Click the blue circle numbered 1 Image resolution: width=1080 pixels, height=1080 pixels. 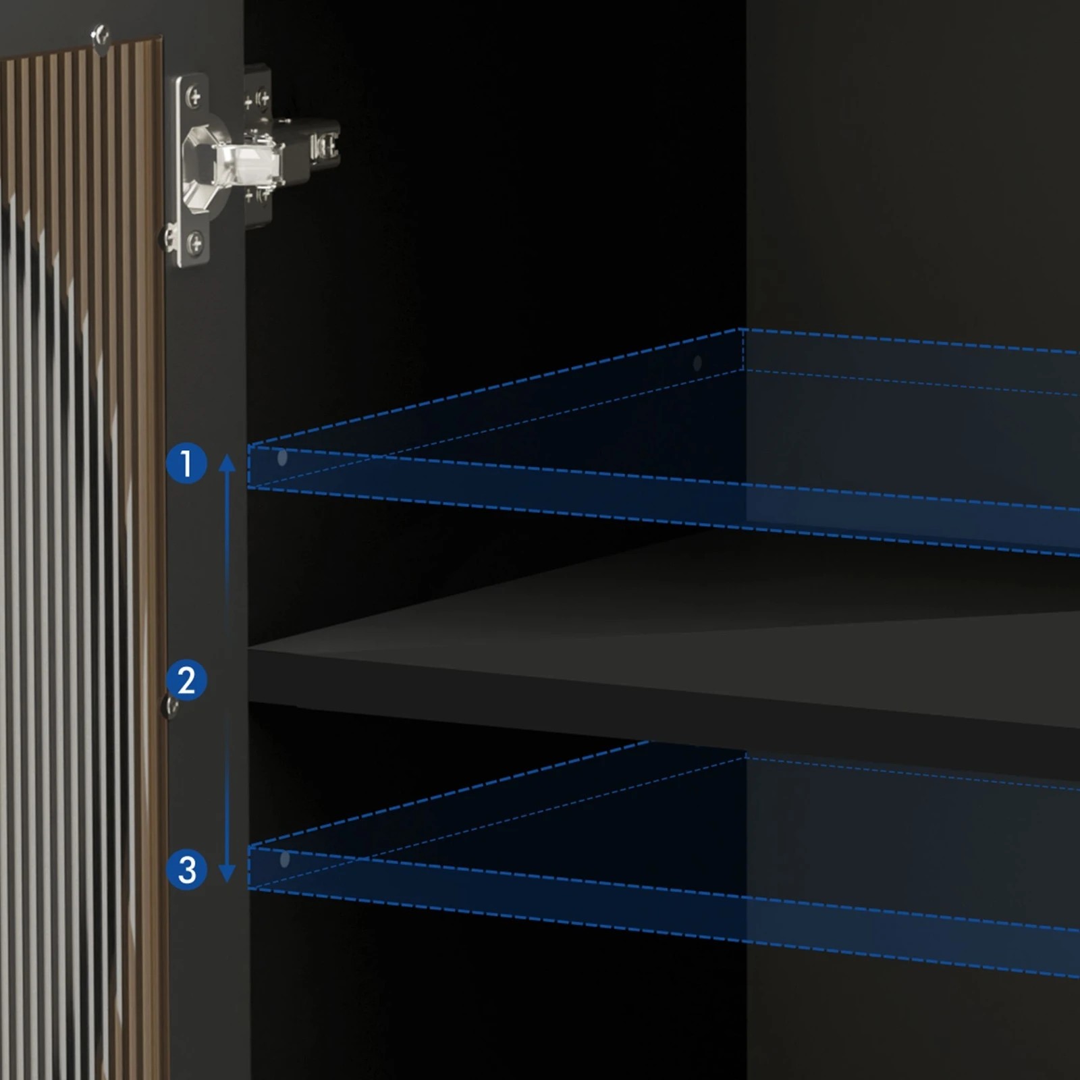[x=186, y=463]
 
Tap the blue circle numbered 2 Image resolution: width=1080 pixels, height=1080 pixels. [x=186, y=680]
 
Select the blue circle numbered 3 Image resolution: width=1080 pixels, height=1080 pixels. [x=186, y=869]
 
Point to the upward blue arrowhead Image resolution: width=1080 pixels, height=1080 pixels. [x=227, y=462]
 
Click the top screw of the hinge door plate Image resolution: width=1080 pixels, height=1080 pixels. [x=194, y=97]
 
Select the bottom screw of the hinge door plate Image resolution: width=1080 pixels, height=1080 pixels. [x=194, y=240]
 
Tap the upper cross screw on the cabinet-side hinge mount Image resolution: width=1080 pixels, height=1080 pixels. [x=262, y=100]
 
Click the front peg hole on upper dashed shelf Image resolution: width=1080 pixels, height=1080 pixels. [x=282, y=458]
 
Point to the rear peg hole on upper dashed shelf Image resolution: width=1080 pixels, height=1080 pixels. [x=697, y=363]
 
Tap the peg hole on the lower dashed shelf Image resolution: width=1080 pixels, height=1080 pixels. [x=284, y=859]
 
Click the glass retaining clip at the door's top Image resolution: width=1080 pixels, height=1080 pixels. [x=101, y=39]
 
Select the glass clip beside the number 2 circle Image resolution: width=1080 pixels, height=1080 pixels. [x=171, y=707]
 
